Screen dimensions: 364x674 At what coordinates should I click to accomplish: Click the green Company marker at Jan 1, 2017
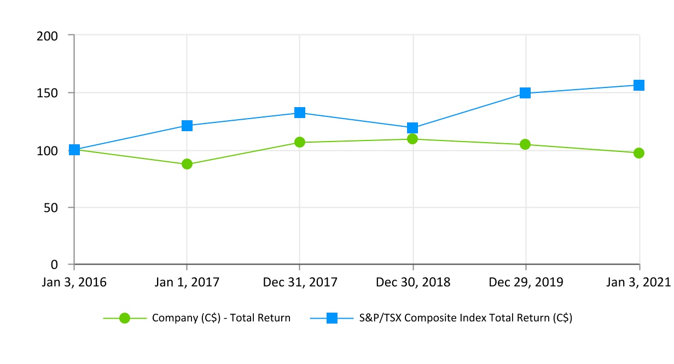tap(187, 164)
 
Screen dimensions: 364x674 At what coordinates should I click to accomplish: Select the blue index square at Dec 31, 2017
tap(300, 113)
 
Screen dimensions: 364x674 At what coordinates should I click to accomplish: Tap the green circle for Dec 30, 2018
tap(412, 139)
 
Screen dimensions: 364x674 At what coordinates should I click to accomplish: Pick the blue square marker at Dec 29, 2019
tap(525, 93)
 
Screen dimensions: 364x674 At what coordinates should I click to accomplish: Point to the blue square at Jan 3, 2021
tap(638, 85)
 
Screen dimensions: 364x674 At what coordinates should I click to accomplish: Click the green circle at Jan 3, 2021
tap(638, 153)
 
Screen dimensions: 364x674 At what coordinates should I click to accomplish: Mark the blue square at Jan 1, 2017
tap(187, 126)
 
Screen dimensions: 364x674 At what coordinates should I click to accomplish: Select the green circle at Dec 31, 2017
tap(300, 142)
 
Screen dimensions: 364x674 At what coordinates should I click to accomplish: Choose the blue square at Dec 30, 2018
tap(412, 128)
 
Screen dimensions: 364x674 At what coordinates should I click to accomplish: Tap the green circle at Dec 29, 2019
tap(525, 144)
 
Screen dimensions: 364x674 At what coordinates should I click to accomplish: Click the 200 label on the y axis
tap(48, 36)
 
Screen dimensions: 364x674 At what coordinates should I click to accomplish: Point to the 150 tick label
tap(48, 93)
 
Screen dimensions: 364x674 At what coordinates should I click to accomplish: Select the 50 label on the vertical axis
tap(51, 208)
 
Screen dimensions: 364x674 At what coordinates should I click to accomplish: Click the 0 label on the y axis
tap(54, 265)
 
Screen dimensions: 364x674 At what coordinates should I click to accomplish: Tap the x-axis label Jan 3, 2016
tap(74, 282)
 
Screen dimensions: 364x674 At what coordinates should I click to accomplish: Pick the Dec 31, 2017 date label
tap(300, 282)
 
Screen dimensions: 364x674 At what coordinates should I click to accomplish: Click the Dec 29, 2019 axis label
tap(525, 282)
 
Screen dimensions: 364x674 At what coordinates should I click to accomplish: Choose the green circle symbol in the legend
tap(125, 318)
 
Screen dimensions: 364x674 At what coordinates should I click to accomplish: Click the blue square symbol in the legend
tap(332, 318)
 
